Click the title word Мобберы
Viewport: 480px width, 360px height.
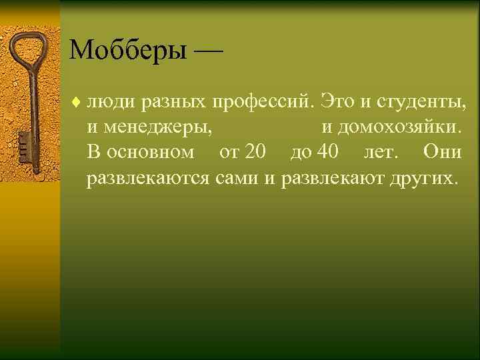coord(126,50)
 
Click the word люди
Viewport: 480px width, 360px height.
coord(110,102)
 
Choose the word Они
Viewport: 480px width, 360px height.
coord(442,152)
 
